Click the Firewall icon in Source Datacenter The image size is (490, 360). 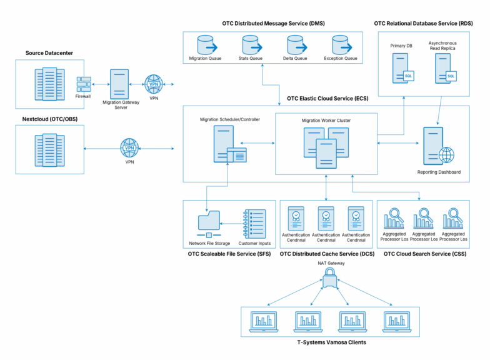coord(83,84)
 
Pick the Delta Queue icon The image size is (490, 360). coord(296,45)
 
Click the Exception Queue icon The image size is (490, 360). coord(341,45)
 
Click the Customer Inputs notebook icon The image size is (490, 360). coord(254,223)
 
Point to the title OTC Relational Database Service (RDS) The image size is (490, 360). coord(423,23)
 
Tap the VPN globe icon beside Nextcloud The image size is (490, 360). coord(129,148)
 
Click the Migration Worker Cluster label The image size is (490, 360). coord(326,119)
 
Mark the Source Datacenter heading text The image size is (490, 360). coord(49,53)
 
